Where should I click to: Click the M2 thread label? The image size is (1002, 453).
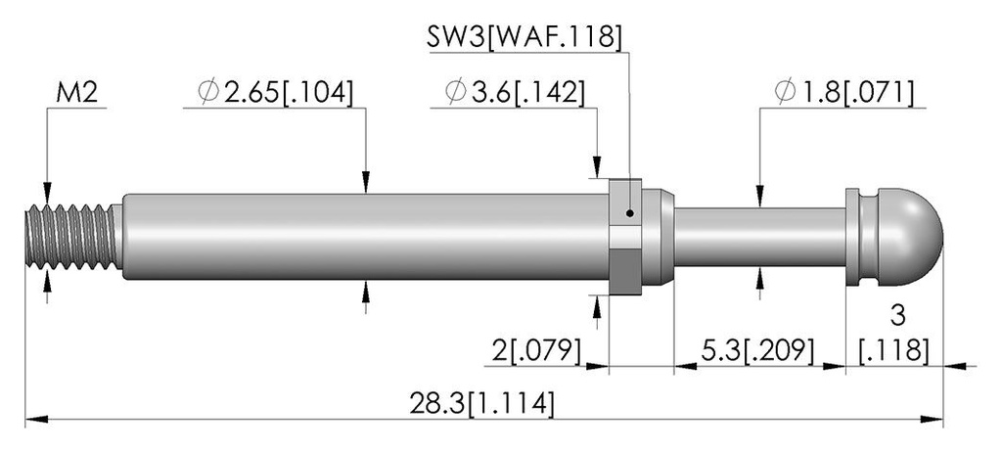click(76, 94)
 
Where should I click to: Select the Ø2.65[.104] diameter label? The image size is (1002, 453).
click(275, 93)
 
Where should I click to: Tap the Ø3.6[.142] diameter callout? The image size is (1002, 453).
click(516, 93)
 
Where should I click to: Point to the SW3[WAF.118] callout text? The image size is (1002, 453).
click(524, 37)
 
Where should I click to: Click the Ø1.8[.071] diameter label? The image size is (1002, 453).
click(843, 93)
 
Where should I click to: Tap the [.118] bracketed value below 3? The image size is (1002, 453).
click(894, 351)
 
